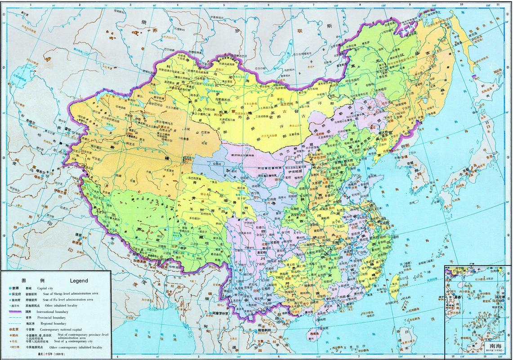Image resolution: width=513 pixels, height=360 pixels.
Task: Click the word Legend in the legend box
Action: click(x=79, y=280)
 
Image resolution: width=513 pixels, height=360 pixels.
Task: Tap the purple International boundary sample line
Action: click(x=17, y=311)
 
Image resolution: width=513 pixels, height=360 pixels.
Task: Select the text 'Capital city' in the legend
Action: click(x=45, y=288)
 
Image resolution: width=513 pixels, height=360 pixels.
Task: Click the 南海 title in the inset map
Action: click(x=496, y=346)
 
